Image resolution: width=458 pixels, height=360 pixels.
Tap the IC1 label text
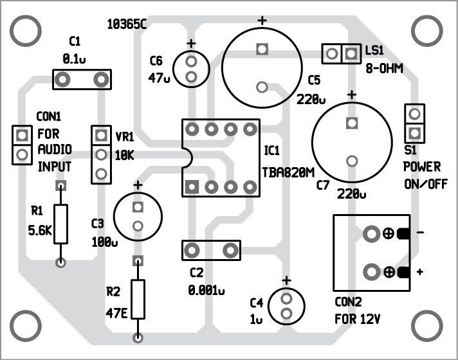pos(271,150)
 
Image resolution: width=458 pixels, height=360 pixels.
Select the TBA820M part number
pos(288,172)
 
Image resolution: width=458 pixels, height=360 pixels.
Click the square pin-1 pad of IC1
pos(190,187)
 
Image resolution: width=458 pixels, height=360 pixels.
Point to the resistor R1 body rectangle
pos(60,223)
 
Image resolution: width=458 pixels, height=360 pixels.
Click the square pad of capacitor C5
pos(261,49)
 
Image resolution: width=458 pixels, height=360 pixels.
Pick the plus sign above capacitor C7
pos(351,95)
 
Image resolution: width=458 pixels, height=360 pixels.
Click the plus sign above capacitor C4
pos(286,280)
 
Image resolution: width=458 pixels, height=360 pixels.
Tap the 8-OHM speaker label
pos(384,67)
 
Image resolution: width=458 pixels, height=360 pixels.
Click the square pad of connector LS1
pos(351,53)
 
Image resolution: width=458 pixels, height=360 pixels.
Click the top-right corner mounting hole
pos(425,29)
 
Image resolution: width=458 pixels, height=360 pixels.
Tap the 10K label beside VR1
pos(124,156)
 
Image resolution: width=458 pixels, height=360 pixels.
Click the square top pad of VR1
pos(101,136)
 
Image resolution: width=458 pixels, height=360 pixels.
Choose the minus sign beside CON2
pos(419,233)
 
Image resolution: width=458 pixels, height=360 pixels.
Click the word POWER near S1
pos(422,167)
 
